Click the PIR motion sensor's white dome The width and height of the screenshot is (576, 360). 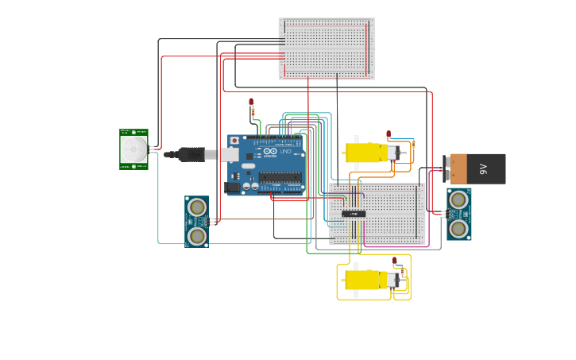(133, 149)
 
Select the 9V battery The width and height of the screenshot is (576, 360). (475, 168)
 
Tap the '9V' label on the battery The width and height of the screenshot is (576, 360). (483, 168)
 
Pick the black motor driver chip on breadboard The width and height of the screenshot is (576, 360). (354, 214)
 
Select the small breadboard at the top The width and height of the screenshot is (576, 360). (326, 48)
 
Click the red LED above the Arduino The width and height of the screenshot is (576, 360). (252, 103)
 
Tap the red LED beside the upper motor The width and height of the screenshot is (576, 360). (389, 134)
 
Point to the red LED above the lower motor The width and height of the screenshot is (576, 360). (394, 261)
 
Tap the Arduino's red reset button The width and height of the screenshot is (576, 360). (234, 141)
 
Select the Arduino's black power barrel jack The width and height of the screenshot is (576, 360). (233, 188)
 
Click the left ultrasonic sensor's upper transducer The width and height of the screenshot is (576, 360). (197, 207)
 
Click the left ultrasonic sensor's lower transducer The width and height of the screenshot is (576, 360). (197, 235)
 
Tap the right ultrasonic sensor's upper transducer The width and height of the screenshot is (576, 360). (458, 199)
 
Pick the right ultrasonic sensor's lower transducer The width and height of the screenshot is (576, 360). (458, 228)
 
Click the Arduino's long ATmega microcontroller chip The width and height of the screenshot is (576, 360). (280, 176)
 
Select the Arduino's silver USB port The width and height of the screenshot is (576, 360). (230, 154)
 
